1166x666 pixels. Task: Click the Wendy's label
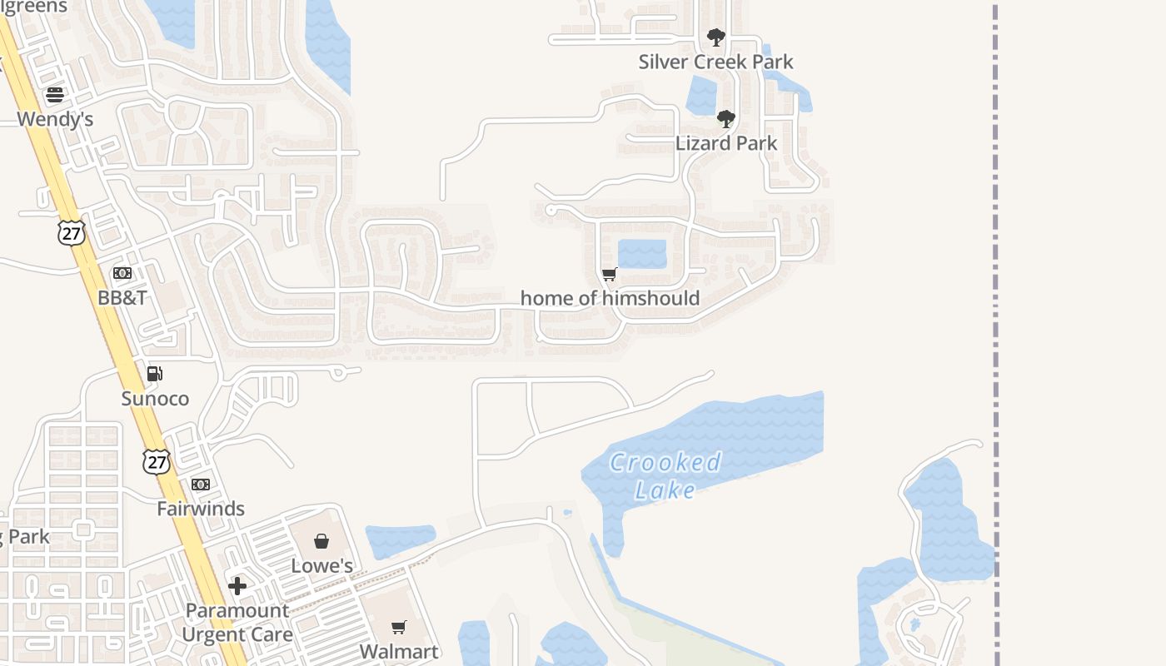pos(55,119)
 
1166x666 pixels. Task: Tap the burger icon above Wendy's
pos(55,95)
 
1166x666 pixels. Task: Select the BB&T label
pos(122,297)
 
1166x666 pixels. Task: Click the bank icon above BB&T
pos(122,273)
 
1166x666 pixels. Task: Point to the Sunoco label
pos(155,399)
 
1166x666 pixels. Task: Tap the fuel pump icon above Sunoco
pos(154,374)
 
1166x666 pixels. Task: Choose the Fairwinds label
pos(201,509)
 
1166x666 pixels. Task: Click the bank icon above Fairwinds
pos(201,485)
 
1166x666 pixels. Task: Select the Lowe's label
pos(321,566)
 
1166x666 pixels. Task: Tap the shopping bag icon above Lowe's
pos(321,541)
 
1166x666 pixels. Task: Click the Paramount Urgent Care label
pos(237,623)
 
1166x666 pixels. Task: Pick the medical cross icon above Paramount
pos(237,586)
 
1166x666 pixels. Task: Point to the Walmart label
pos(399,651)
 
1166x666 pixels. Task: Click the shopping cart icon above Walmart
pos(399,626)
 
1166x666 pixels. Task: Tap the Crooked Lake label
pos(665,476)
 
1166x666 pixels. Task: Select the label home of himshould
pos(610,298)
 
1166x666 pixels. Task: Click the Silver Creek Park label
pos(715,62)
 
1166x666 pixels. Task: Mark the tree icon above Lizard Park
pos(726,119)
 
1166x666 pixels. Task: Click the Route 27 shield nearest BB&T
pos(72,232)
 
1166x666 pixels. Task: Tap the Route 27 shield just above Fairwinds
pos(156,462)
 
